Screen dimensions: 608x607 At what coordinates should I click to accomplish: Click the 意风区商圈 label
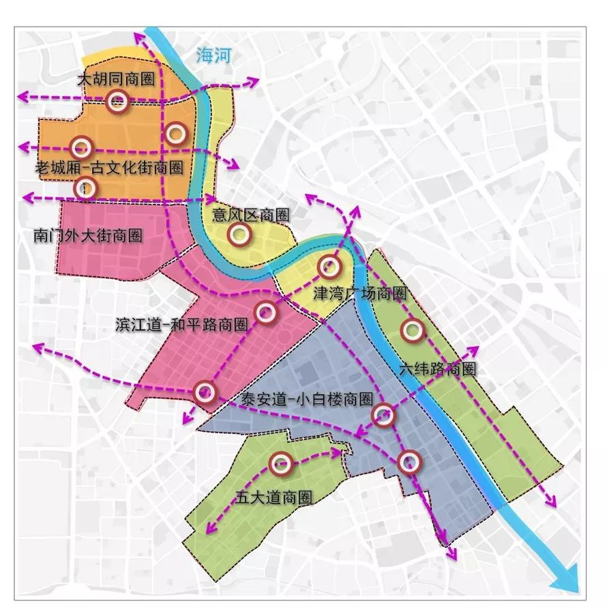click(x=250, y=215)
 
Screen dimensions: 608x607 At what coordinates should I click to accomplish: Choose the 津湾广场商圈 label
click(x=359, y=294)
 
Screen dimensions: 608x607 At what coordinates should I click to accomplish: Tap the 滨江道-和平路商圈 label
click(x=181, y=325)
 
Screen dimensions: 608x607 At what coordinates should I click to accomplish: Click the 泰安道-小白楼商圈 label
click(x=306, y=400)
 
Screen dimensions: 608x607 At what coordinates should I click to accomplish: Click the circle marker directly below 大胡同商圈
click(x=117, y=102)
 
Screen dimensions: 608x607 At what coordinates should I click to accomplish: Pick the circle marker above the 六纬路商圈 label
click(x=412, y=330)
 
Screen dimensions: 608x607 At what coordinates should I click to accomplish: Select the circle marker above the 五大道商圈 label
click(x=280, y=464)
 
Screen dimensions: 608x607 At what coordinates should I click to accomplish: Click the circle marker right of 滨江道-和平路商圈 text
click(x=266, y=313)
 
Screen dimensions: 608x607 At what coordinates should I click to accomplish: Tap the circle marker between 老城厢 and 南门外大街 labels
click(x=85, y=187)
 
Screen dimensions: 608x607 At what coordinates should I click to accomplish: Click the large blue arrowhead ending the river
click(x=567, y=581)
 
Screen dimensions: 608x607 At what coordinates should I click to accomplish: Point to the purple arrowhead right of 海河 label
click(x=254, y=81)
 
